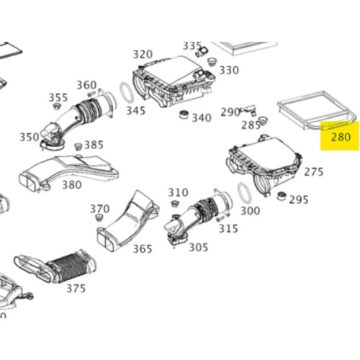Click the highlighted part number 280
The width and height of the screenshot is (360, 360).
point(341,137)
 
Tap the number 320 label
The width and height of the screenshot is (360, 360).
point(143,55)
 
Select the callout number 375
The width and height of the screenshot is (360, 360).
point(76,288)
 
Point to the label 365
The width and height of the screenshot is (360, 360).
point(143,248)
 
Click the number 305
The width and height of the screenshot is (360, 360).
point(198,247)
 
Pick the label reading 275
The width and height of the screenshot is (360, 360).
point(314,172)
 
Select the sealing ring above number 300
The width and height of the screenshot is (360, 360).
point(244,193)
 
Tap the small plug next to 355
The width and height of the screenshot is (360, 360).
point(57,107)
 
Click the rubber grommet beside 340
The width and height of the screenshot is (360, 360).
point(184,114)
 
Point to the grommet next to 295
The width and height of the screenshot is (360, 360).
point(282,196)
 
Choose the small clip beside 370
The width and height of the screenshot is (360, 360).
point(99,217)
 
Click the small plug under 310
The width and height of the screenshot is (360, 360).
point(174,204)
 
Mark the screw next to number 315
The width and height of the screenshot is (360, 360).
point(220,219)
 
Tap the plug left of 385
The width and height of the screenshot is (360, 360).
point(78,146)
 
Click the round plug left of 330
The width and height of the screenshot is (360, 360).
point(212,61)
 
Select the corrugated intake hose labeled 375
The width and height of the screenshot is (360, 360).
point(55,266)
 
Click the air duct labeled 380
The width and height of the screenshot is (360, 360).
point(68,173)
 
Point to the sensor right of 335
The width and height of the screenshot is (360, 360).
point(202,51)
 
